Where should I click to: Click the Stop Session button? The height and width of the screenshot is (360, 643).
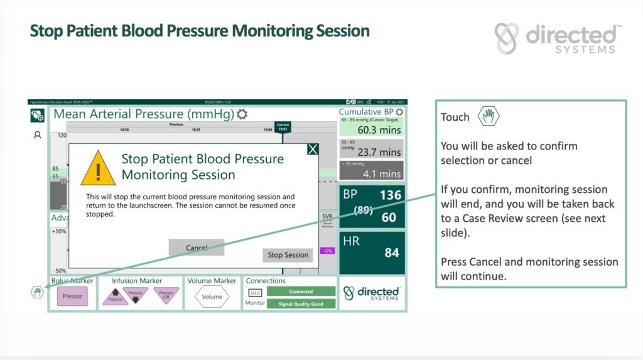tap(288, 255)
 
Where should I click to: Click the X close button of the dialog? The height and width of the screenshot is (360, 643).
tap(313, 149)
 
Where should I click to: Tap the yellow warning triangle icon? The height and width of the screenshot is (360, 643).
tap(98, 168)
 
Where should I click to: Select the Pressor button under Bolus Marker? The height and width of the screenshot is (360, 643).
tap(72, 296)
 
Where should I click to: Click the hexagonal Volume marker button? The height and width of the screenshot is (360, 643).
tap(212, 297)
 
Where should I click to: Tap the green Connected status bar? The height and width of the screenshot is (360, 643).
tap(301, 292)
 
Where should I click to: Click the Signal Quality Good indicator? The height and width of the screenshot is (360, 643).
tap(301, 304)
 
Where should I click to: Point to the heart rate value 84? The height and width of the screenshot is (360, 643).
tap(391, 253)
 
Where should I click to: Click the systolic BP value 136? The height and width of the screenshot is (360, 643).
tap(390, 195)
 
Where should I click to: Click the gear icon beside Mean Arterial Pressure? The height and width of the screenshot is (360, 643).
tap(242, 114)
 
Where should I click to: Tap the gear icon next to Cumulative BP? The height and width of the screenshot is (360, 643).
tap(399, 112)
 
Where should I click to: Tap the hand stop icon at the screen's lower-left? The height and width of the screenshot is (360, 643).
tap(38, 292)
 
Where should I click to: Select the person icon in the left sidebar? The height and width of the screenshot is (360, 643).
tap(37, 134)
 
